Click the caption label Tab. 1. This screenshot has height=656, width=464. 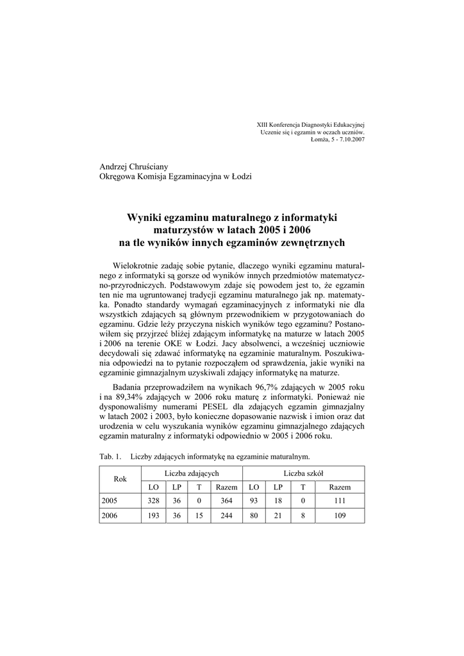coord(110,457)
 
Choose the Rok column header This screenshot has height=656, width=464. coord(120,479)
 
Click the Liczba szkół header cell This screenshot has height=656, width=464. coord(303,473)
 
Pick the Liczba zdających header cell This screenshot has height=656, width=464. coord(192,473)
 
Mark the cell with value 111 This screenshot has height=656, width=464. coord(340,502)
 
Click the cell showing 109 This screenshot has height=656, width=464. coord(340,517)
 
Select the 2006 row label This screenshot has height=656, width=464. coord(110,517)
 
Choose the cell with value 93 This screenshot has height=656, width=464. coord(254,502)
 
